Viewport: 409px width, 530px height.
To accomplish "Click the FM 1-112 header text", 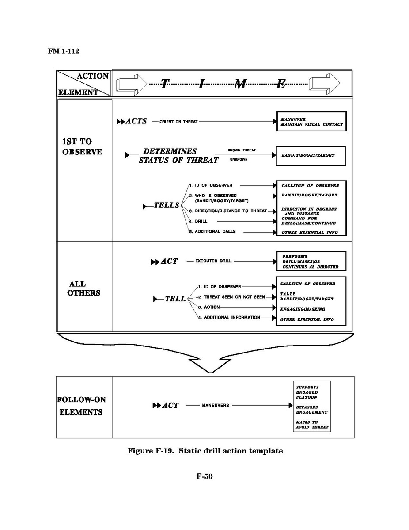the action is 64,51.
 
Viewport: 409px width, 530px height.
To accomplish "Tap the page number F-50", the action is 204,476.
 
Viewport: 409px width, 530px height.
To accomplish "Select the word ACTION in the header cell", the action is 93,76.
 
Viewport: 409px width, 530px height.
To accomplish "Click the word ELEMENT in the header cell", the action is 78,92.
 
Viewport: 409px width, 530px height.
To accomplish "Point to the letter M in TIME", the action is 240,84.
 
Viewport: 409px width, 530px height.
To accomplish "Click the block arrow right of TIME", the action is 324,84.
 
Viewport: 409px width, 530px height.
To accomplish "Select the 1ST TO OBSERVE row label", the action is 82,146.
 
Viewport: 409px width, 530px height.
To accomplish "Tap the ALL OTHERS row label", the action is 83,288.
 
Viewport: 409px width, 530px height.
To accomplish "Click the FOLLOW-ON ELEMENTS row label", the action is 81,406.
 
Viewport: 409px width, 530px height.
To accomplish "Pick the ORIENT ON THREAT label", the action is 178,122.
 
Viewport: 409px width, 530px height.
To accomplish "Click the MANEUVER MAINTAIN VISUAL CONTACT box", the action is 311,121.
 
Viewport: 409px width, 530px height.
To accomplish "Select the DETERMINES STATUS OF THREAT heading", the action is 178,155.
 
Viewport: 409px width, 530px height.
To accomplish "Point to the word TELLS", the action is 167,205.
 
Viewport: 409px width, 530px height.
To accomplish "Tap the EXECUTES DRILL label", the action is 213,261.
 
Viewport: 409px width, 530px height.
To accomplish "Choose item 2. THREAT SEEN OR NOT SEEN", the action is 231,297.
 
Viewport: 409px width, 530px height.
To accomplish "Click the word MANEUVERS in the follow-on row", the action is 215,405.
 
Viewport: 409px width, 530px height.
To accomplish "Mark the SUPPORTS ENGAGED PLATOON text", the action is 307,392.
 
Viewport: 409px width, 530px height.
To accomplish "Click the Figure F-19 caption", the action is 205,450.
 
